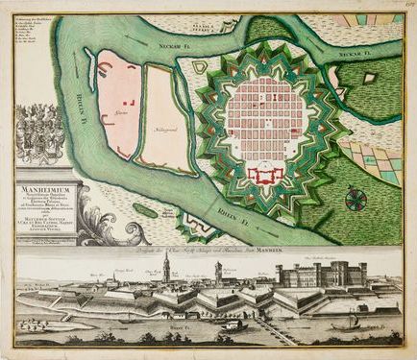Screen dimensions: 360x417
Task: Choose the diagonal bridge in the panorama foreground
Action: point(274,330)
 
